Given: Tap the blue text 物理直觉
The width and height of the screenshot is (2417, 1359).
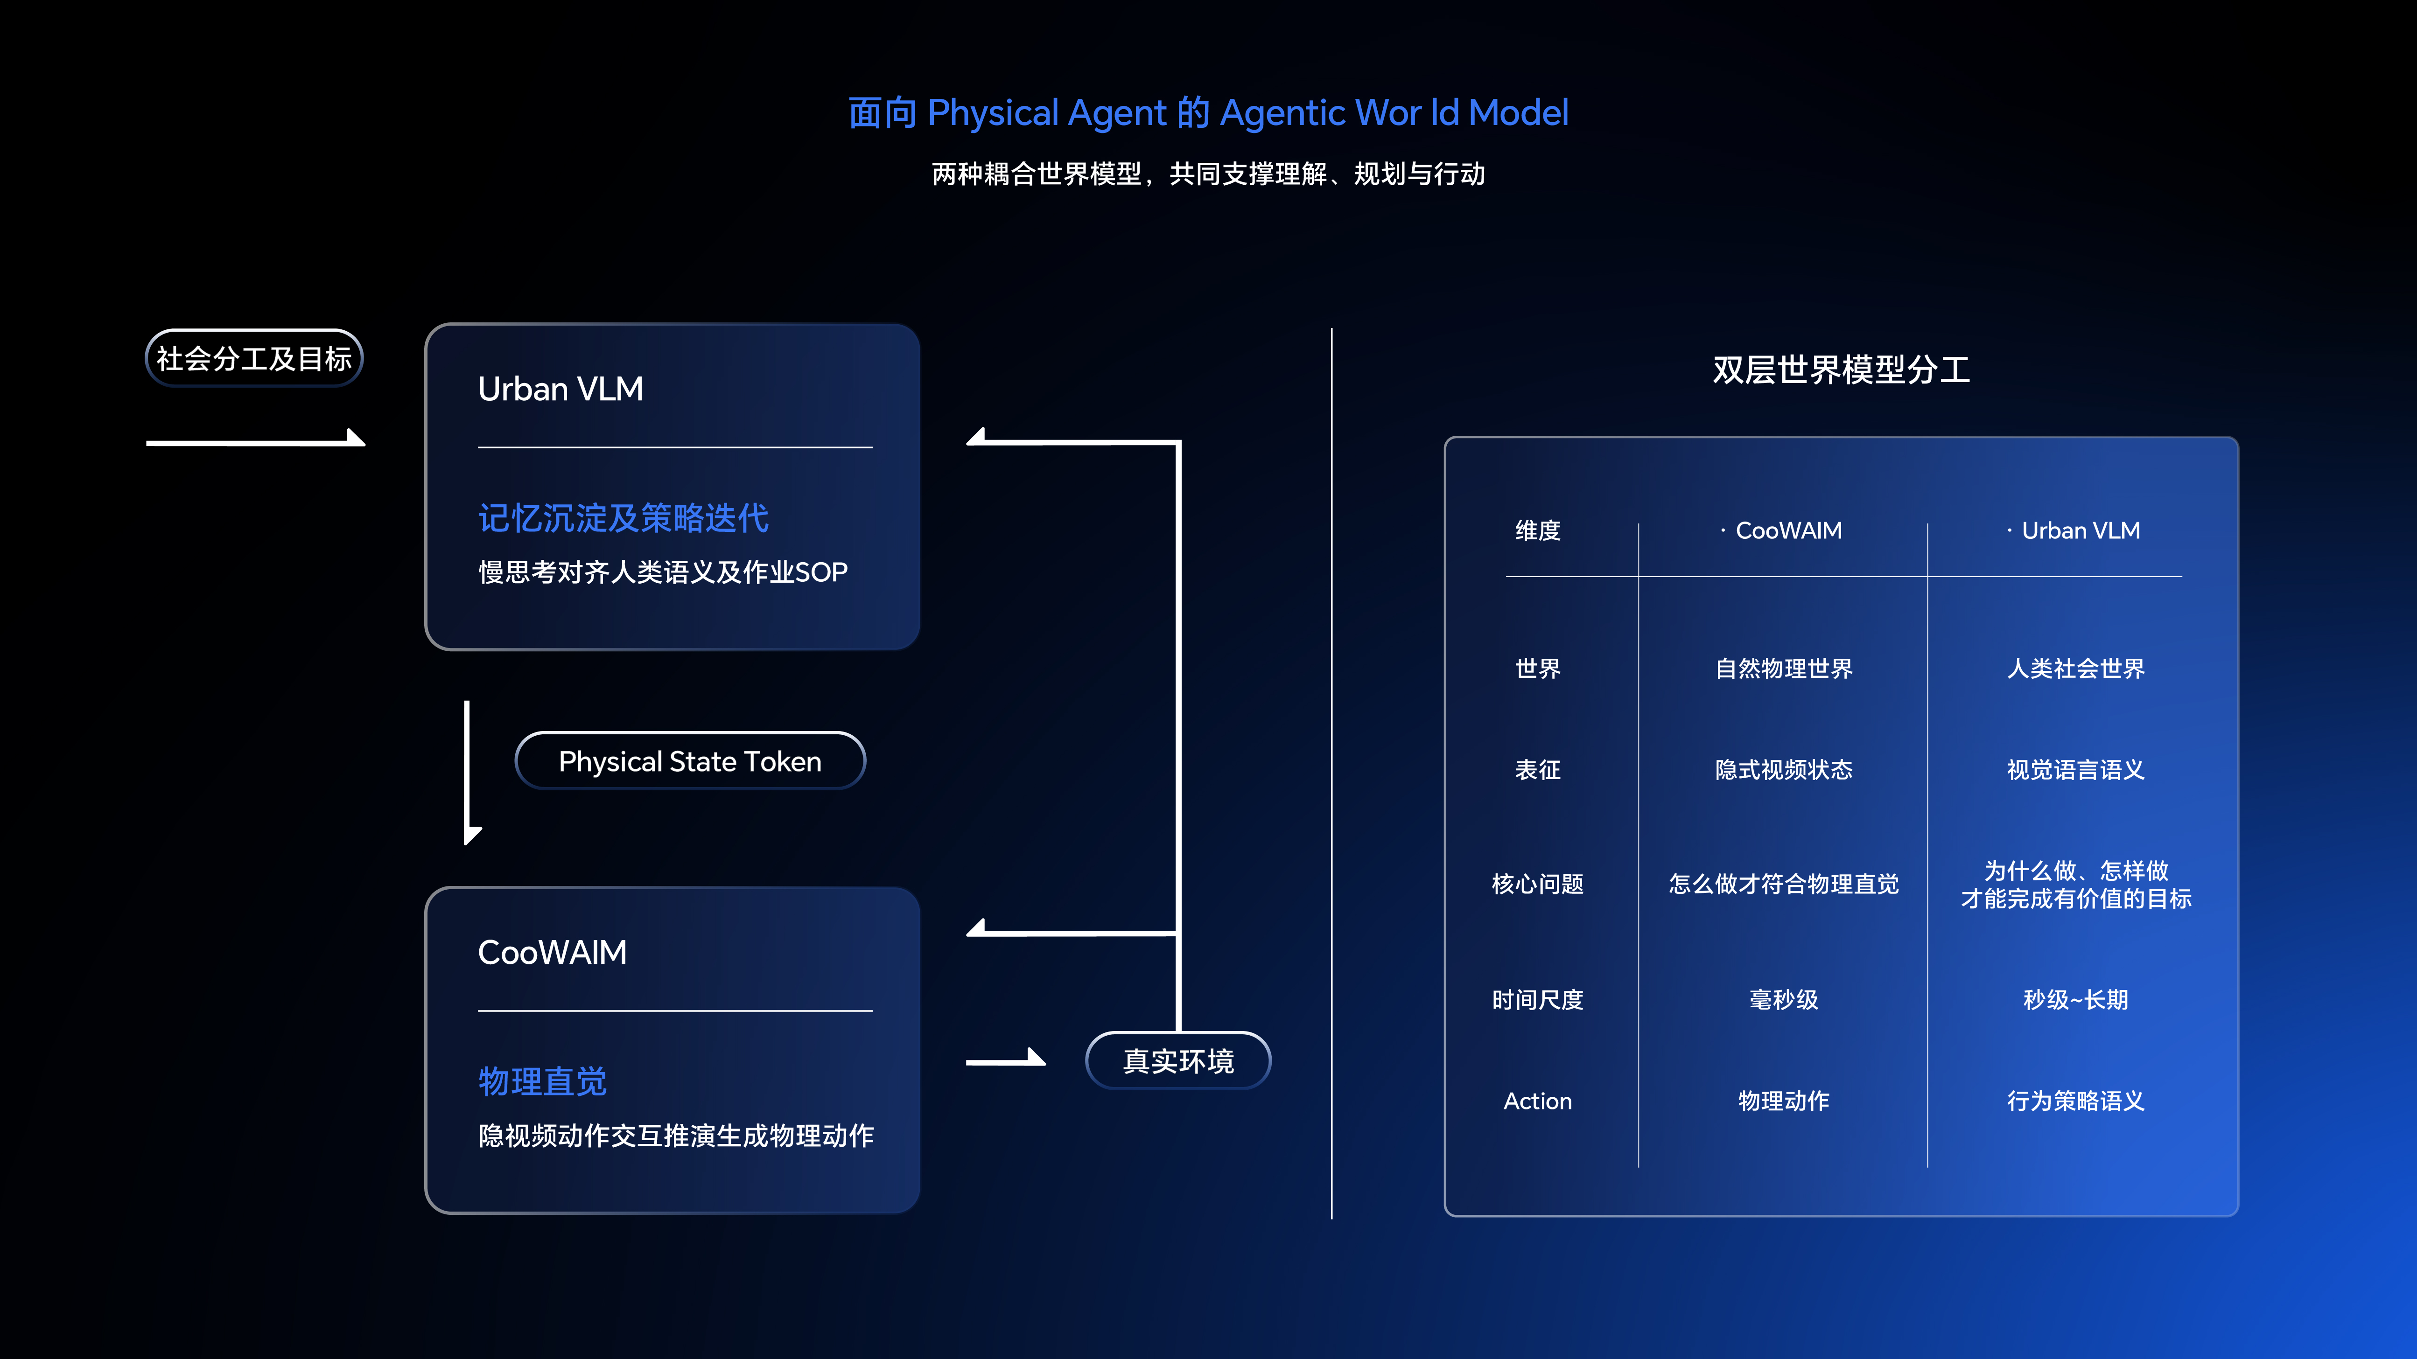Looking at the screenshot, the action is [542, 1081].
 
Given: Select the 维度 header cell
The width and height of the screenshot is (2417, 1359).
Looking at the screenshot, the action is [1538, 531].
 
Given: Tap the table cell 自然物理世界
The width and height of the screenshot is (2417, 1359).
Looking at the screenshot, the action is [1784, 669].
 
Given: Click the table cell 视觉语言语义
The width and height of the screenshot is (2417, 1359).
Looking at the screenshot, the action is [2075, 770].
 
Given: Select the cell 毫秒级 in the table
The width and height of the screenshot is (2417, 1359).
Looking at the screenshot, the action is [1784, 1000].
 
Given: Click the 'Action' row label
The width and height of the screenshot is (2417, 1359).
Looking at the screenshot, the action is [1538, 1101].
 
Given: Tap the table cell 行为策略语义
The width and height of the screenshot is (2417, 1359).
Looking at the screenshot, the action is [2075, 1101].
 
